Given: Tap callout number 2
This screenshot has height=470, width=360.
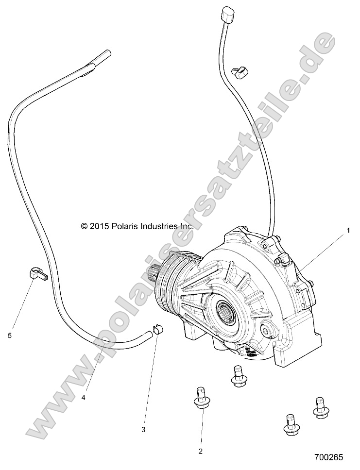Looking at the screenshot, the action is pos(200,451).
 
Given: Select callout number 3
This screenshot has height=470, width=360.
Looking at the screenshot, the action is pos(143,429).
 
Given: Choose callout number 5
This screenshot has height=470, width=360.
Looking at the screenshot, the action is pos(10,335).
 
